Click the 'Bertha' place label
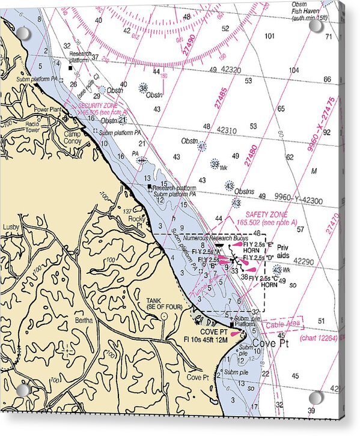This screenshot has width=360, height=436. [84, 320]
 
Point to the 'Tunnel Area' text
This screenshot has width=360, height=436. [205, 285]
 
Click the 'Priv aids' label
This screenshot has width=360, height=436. [283, 251]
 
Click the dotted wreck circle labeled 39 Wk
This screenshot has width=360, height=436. [215, 163]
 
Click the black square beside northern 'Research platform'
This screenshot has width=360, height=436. [70, 68]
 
